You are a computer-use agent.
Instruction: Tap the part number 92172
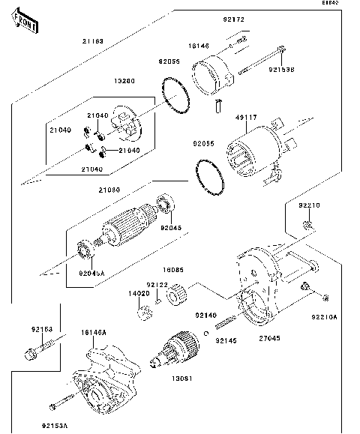pyautogui.click(x=232, y=17)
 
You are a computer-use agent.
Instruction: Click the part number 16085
pyautogui.click(x=174, y=268)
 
